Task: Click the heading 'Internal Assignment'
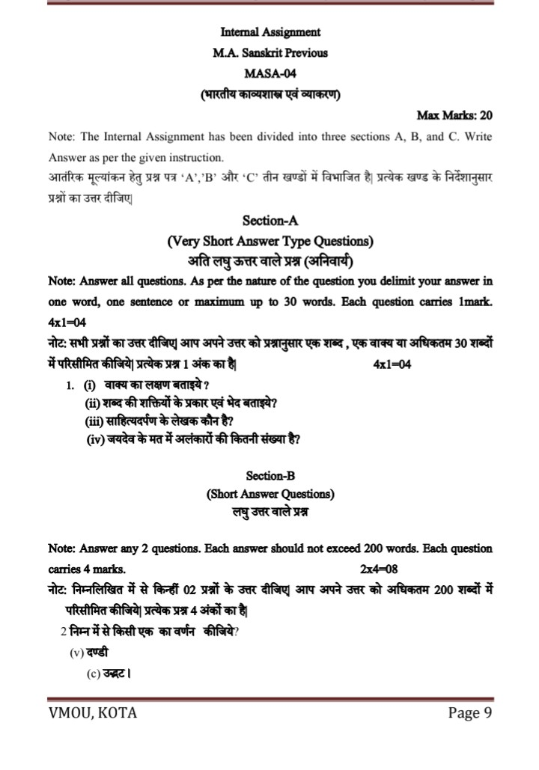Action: click(x=270, y=32)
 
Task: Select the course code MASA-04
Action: click(x=270, y=74)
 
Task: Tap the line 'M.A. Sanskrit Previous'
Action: click(x=270, y=53)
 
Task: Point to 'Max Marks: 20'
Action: click(x=454, y=116)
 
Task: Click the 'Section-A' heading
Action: click(x=270, y=221)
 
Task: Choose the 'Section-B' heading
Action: click(x=270, y=475)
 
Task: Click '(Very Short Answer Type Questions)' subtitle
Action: click(x=270, y=241)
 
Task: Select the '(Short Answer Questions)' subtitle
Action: click(x=270, y=494)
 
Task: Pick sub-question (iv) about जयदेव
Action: click(x=194, y=440)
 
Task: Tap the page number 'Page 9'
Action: click(x=469, y=712)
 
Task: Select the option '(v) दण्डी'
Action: click(x=89, y=653)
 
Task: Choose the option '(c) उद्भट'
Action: click(x=110, y=673)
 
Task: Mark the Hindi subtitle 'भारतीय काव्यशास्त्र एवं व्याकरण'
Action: click(x=270, y=95)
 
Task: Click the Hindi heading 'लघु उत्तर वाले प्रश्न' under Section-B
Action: click(x=270, y=513)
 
